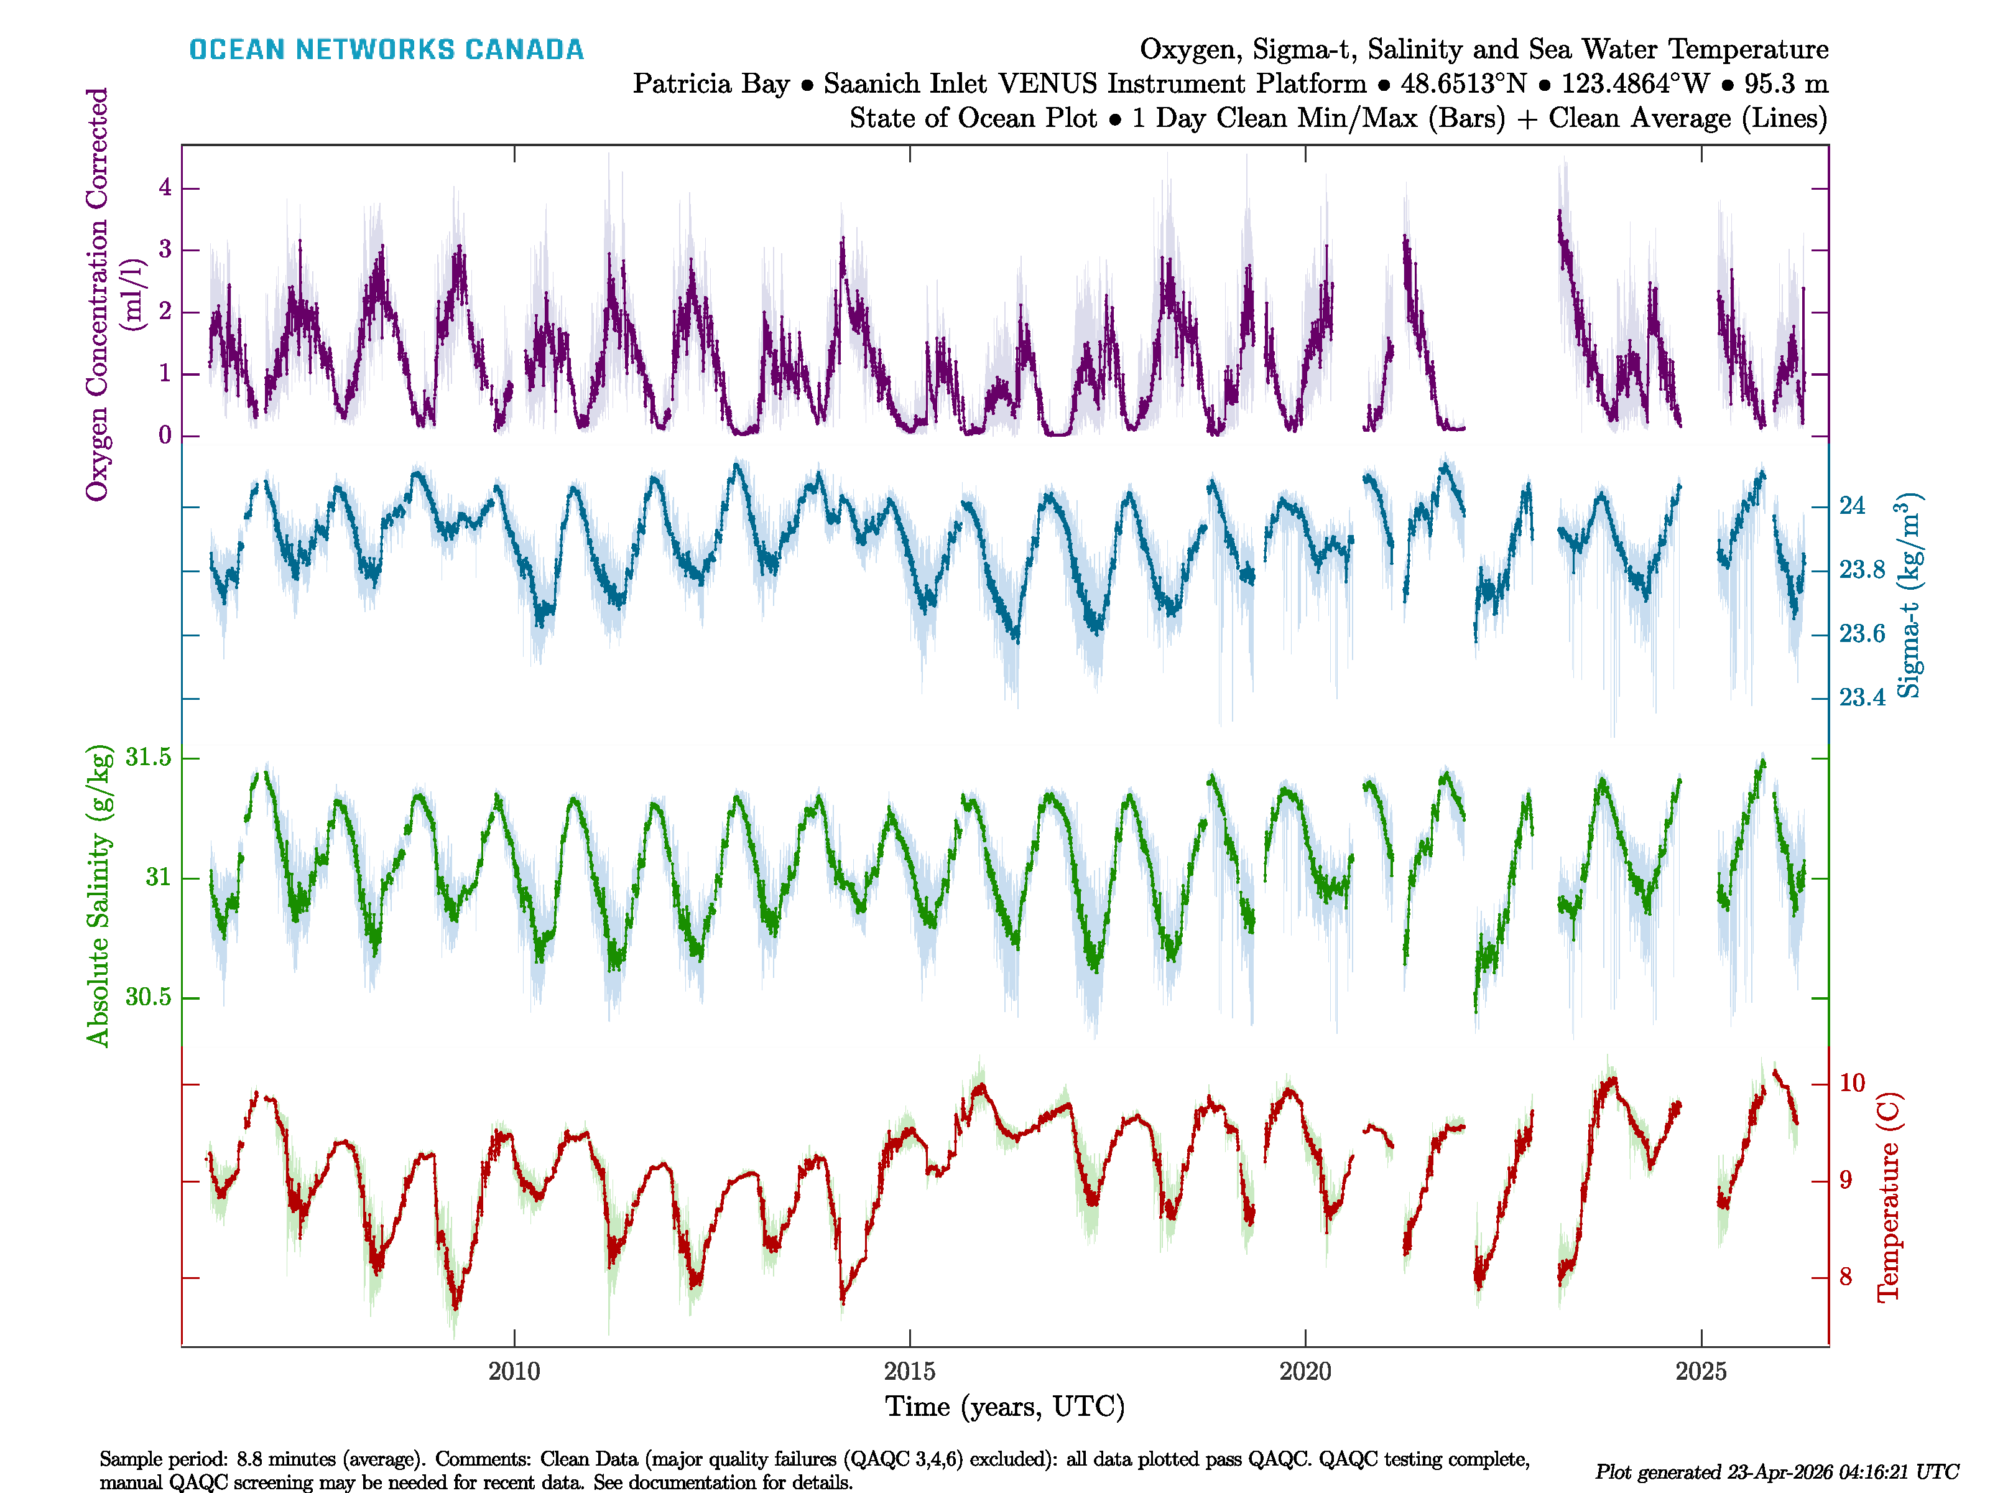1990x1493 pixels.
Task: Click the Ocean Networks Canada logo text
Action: tap(386, 50)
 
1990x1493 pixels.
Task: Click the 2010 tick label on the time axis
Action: tap(514, 1372)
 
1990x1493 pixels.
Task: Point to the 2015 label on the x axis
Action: tap(910, 1372)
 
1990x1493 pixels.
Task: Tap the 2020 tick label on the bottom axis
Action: tap(1305, 1372)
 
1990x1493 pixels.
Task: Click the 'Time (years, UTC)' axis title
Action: tap(1005, 1407)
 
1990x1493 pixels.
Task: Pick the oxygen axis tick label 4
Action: tap(165, 188)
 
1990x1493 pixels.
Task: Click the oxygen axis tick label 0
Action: tap(165, 435)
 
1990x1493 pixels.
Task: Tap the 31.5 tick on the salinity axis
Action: tap(149, 758)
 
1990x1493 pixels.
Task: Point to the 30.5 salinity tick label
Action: tap(149, 997)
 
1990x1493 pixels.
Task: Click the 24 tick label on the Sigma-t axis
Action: tap(1851, 506)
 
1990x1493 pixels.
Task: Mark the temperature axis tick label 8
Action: tap(1845, 1277)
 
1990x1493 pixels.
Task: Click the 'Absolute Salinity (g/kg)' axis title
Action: tap(98, 895)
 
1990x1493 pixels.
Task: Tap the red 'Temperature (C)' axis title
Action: tap(1887, 1197)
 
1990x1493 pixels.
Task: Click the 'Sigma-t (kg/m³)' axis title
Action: tap(1907, 595)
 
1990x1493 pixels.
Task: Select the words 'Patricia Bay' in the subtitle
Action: tap(711, 84)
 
